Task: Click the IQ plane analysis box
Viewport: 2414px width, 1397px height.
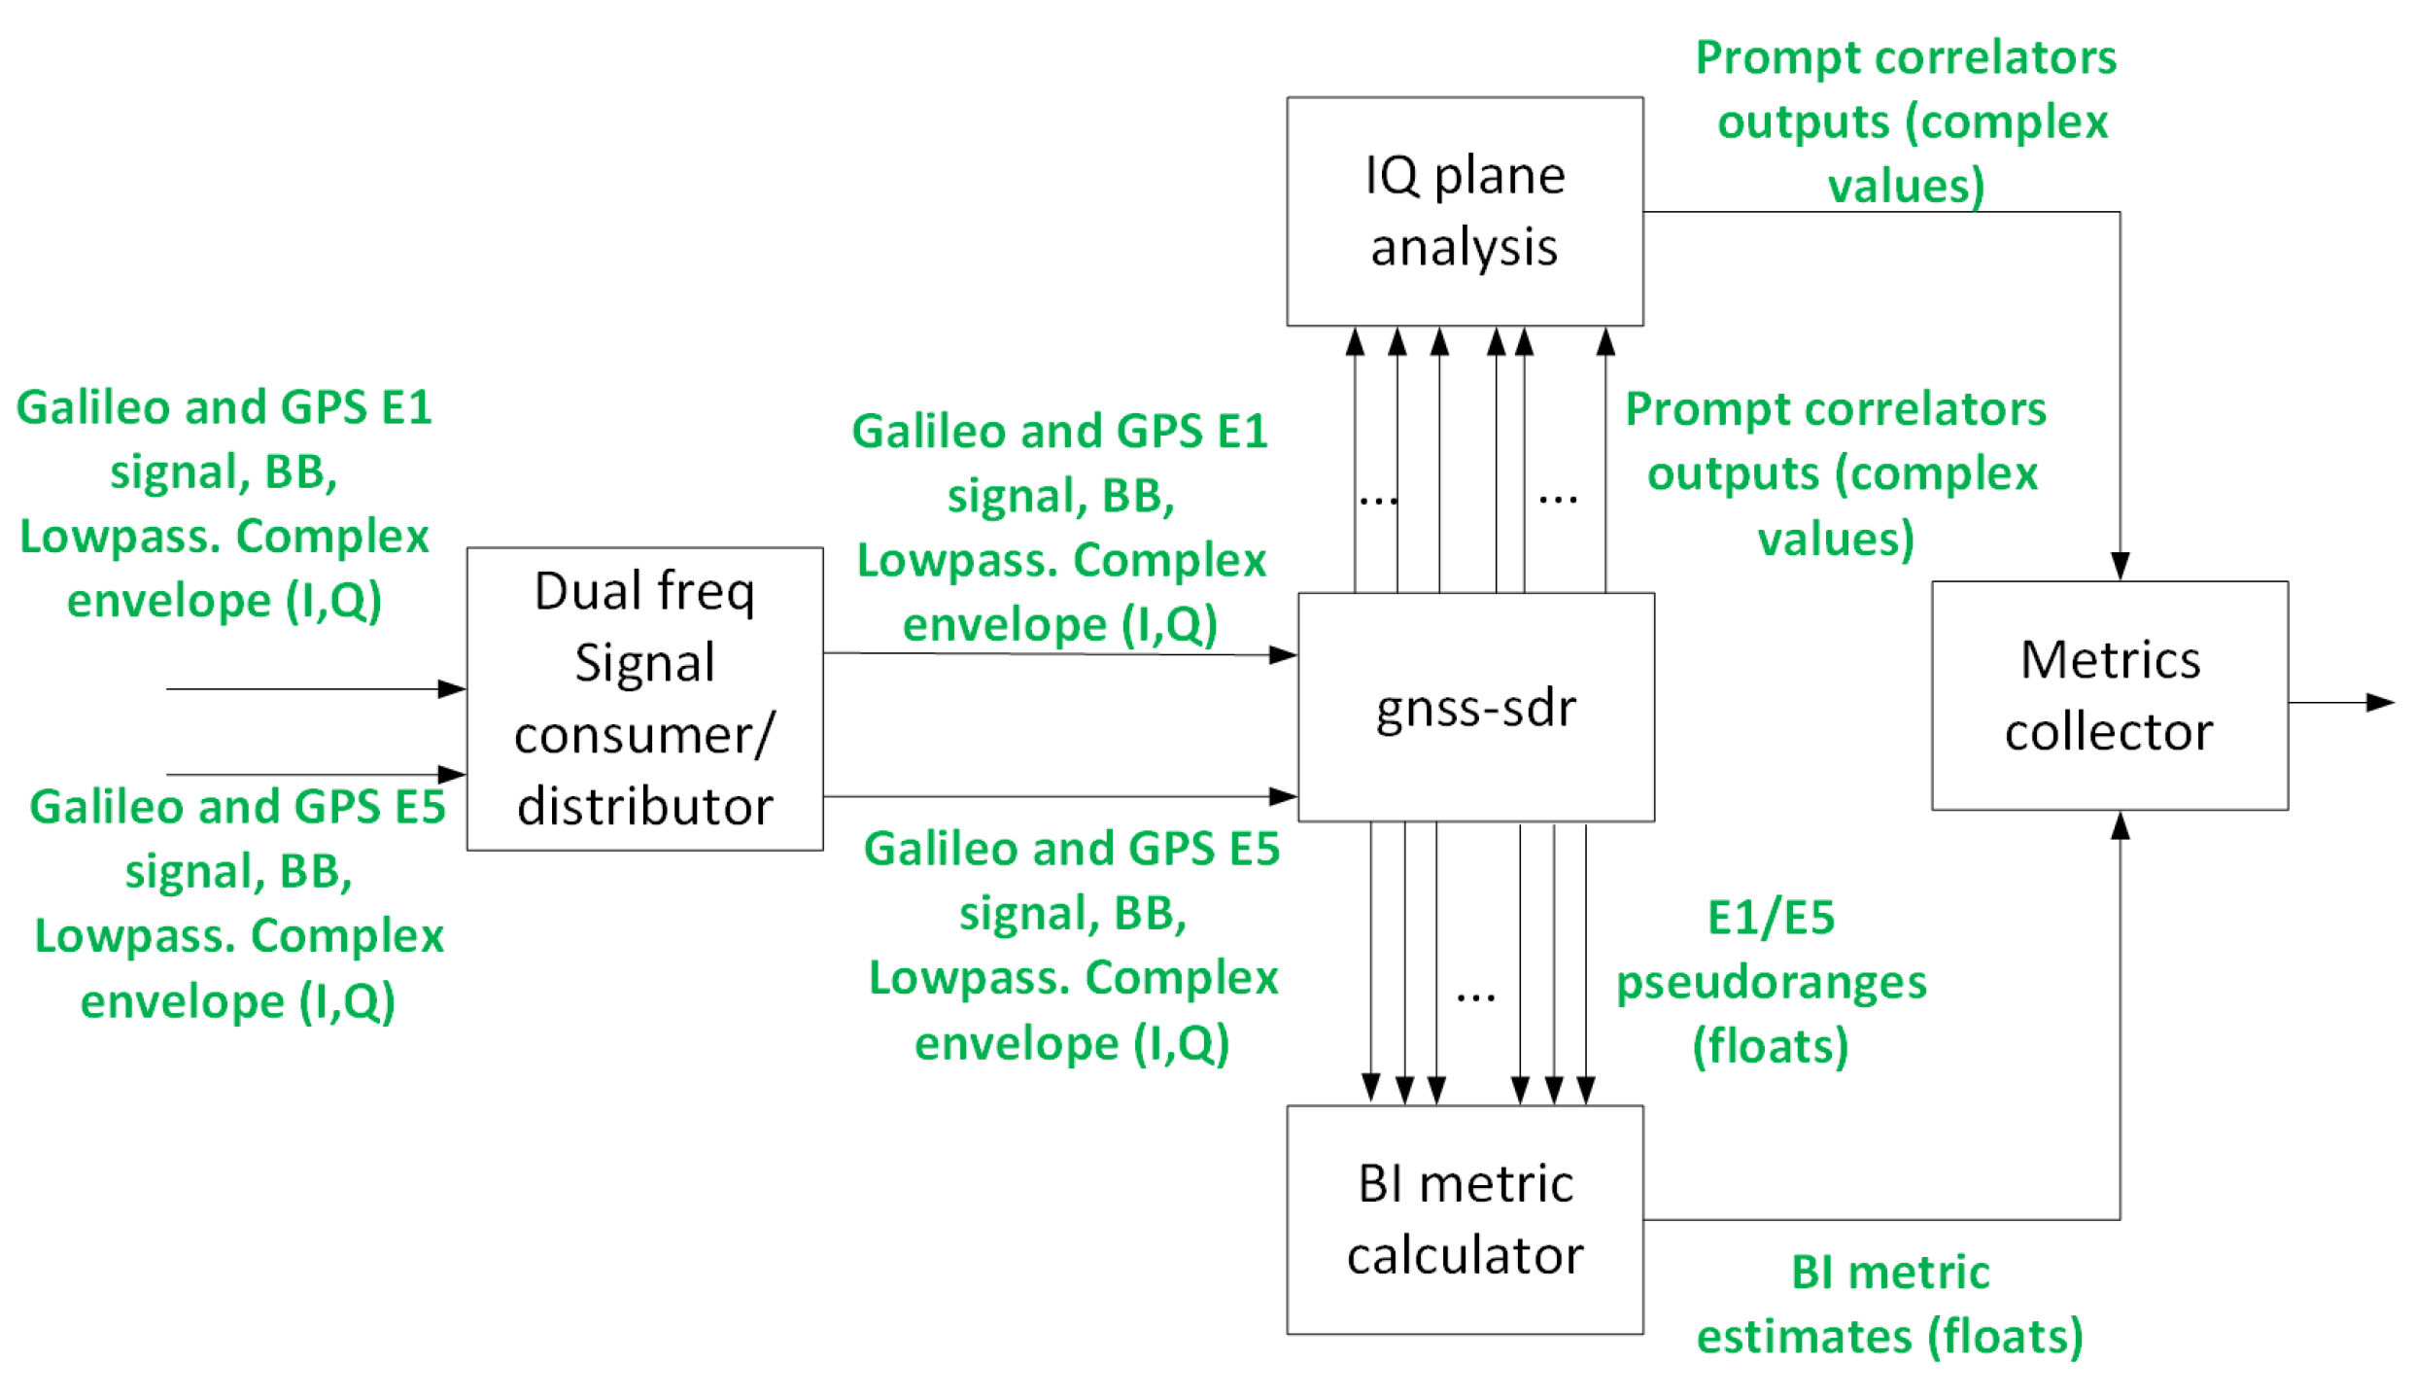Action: click(1465, 211)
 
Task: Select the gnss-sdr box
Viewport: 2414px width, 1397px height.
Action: click(1475, 707)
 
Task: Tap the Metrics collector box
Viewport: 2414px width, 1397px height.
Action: click(2109, 695)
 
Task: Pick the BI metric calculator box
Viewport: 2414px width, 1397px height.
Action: click(1465, 1219)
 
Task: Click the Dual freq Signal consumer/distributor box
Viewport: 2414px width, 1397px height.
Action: click(644, 698)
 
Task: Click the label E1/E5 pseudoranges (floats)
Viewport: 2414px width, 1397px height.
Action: click(1771, 981)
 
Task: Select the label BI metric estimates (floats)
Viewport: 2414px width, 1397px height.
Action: click(1889, 1304)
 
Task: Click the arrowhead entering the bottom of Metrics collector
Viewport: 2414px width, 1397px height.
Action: click(2120, 826)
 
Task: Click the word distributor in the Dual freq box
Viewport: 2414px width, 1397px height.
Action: click(644, 807)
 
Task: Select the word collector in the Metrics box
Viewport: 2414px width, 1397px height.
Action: click(2109, 731)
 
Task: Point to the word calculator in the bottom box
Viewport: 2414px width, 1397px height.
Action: click(1465, 1255)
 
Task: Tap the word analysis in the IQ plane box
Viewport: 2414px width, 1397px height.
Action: click(1465, 247)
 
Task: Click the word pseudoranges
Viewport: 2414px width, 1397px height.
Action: click(1771, 982)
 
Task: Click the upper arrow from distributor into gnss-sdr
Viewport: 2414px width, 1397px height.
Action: click(1059, 653)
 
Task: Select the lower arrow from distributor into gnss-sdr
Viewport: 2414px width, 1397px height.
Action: click(1059, 796)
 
